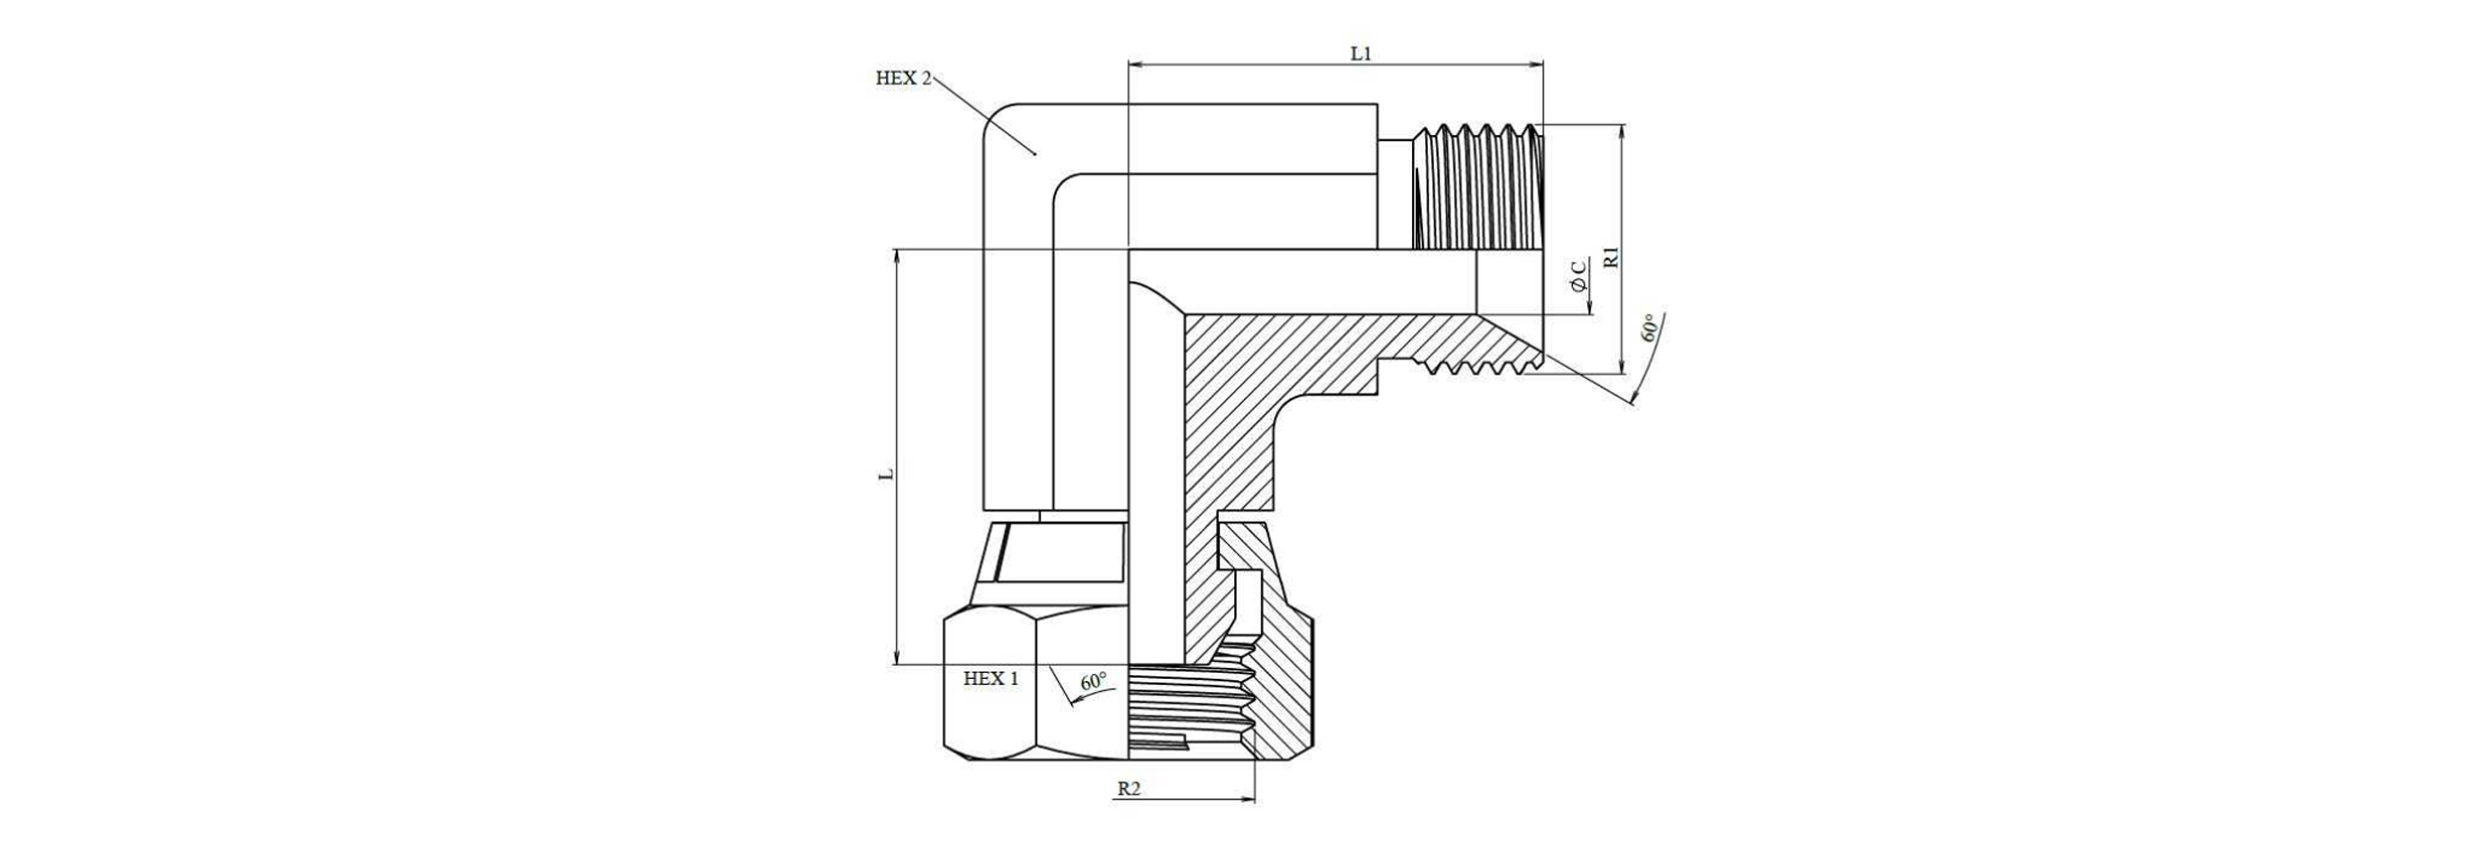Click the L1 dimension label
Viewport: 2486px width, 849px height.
coord(1360,54)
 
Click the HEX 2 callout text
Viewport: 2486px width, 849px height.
coord(902,79)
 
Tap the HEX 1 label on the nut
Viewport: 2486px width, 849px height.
coord(990,679)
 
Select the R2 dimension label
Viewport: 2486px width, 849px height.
coord(1129,788)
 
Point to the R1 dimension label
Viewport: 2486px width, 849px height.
coord(1613,257)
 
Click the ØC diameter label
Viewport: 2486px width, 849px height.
coord(1579,277)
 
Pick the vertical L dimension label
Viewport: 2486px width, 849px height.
coord(886,474)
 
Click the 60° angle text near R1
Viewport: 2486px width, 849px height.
coord(1650,329)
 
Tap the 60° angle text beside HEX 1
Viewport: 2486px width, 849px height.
coord(1093,682)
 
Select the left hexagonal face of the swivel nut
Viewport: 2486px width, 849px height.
coord(990,686)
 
